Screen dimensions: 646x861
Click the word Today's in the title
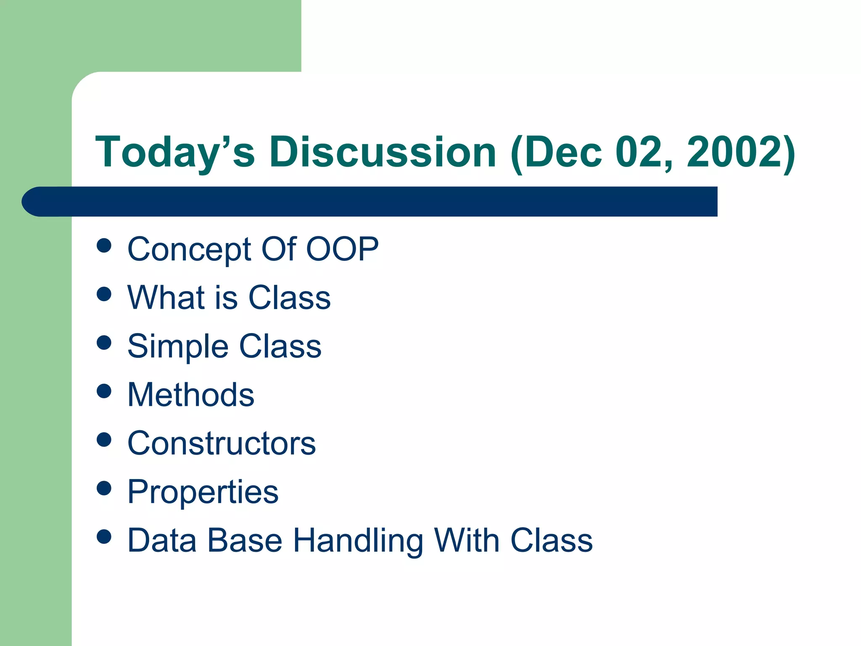point(175,152)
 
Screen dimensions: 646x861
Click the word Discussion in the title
point(383,152)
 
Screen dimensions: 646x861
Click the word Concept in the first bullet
point(190,249)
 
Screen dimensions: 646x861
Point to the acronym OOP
point(342,249)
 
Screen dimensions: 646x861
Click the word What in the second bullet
point(166,297)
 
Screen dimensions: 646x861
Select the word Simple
point(177,347)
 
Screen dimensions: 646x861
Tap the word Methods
point(191,395)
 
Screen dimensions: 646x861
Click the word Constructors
point(222,443)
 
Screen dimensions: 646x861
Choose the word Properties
point(203,492)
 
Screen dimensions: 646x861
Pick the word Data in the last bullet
point(162,540)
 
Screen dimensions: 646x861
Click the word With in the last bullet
point(467,540)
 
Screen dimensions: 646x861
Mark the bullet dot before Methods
point(104,391)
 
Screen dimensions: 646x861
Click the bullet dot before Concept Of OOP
point(104,245)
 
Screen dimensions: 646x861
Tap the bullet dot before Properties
point(104,488)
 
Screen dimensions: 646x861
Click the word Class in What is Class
point(289,297)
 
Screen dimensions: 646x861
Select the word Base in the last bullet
point(245,540)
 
